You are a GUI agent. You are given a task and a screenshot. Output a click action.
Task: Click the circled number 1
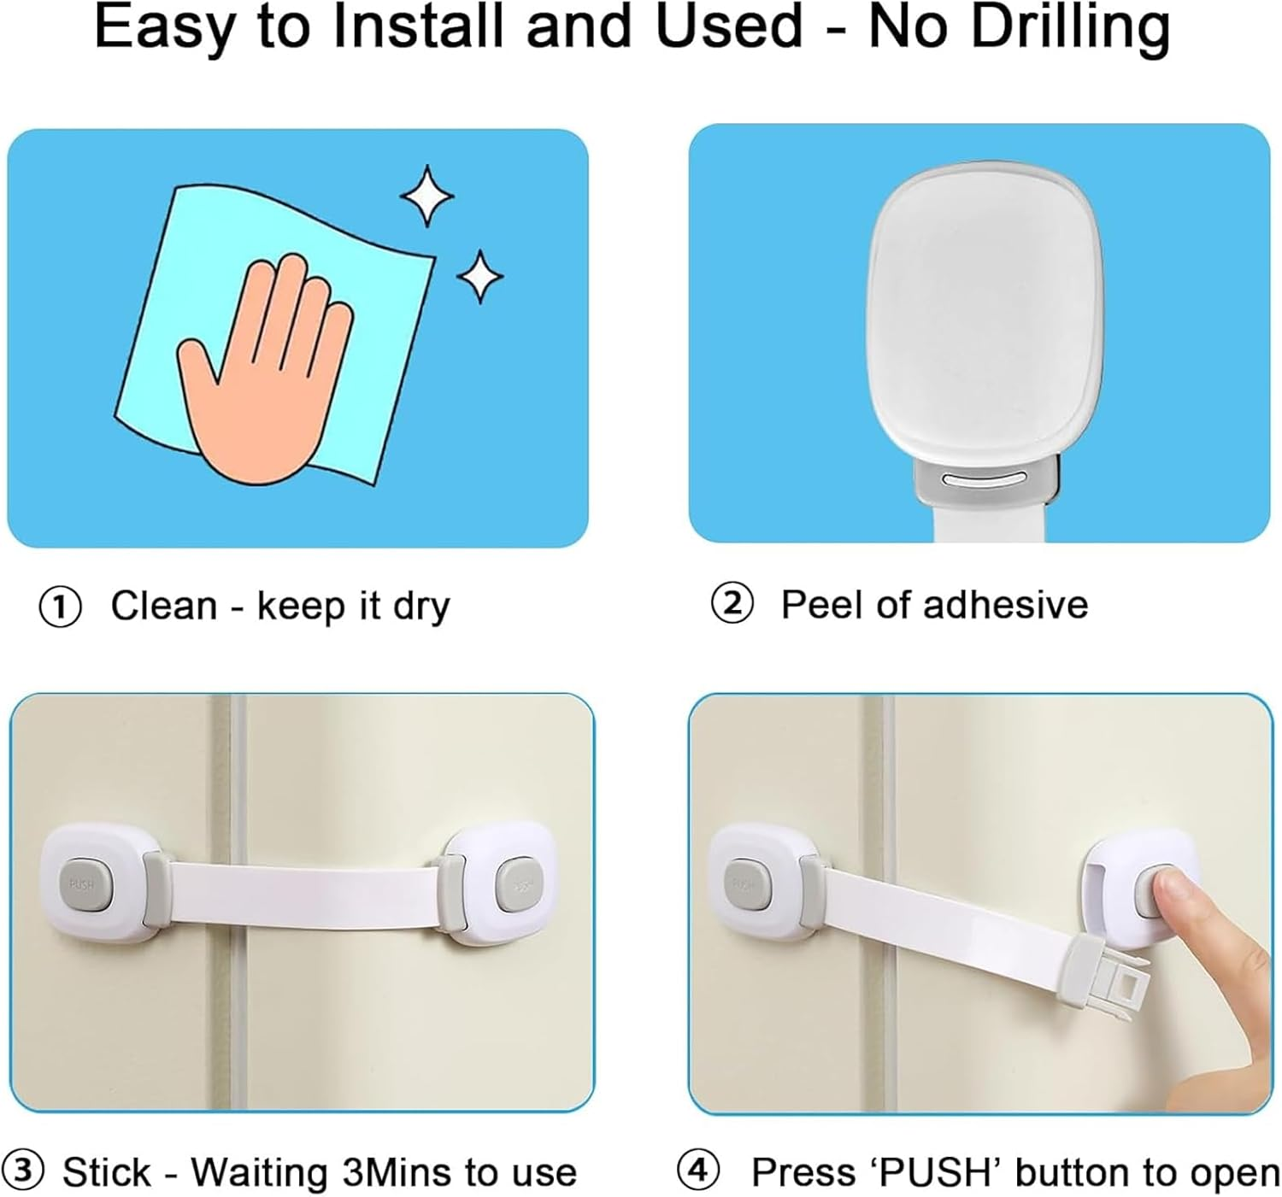coord(61,607)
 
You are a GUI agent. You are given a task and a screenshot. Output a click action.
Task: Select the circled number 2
coord(732,604)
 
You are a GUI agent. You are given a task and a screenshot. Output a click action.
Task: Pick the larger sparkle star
coord(427,196)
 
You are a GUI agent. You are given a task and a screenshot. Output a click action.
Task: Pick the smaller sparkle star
coord(479,276)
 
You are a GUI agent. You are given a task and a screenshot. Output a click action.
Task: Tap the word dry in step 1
coord(420,607)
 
